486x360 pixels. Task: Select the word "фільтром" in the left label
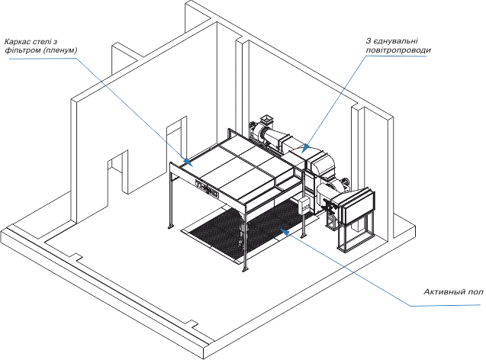[20, 51]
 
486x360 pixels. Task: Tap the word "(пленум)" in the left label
[60, 51]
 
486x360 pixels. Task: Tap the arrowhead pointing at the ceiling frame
[190, 161]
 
